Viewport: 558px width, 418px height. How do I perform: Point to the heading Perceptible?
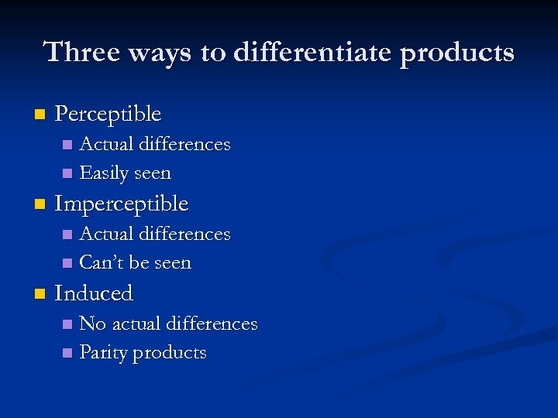[108, 115]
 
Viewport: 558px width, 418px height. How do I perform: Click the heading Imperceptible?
[122, 204]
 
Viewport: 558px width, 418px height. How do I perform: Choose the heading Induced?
[94, 293]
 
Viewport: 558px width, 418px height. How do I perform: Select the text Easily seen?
[125, 173]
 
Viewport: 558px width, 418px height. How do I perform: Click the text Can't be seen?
[135, 263]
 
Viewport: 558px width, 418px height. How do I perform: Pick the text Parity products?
[143, 353]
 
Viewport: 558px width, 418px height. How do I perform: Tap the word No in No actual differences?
[93, 324]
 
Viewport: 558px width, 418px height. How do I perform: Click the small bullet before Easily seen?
[67, 174]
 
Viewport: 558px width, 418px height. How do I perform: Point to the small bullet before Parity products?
[67, 354]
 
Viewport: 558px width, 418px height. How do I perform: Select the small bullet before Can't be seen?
[67, 264]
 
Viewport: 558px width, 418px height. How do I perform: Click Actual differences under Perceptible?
[155, 145]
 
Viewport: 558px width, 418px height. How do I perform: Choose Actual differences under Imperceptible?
[155, 234]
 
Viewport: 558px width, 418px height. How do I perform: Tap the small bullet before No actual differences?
[67, 324]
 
